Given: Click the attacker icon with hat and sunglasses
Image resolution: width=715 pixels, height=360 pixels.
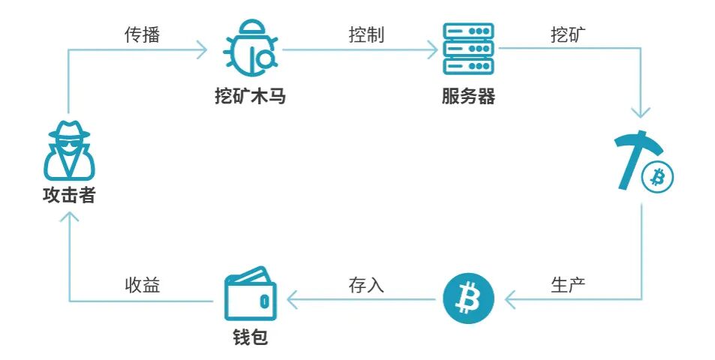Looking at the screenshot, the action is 68,148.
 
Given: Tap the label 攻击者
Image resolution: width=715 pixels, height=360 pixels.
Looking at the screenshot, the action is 68,196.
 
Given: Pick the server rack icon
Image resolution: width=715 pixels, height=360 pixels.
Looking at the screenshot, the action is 468,49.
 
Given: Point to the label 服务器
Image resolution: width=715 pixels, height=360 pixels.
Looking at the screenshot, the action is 468,97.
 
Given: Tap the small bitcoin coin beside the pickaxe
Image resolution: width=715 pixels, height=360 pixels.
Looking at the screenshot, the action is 657,177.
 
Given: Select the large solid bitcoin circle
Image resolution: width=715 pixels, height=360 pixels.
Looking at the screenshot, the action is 468,298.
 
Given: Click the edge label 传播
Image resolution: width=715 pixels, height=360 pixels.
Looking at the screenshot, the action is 142,35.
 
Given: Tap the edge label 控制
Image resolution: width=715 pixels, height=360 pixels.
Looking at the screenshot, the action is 366,35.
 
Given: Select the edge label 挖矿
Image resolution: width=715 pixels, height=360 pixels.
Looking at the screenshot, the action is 569,35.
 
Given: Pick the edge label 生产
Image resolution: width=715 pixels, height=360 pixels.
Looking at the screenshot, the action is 568,286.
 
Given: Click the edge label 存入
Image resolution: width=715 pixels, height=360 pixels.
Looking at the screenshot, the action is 366,286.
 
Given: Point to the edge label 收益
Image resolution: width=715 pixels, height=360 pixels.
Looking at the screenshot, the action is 142,286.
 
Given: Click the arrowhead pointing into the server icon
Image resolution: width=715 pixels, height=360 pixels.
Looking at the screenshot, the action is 433,50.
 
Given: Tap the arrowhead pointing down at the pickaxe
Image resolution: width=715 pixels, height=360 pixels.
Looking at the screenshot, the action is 641,113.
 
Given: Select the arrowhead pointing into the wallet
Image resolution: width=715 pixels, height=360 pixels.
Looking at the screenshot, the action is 293,301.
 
